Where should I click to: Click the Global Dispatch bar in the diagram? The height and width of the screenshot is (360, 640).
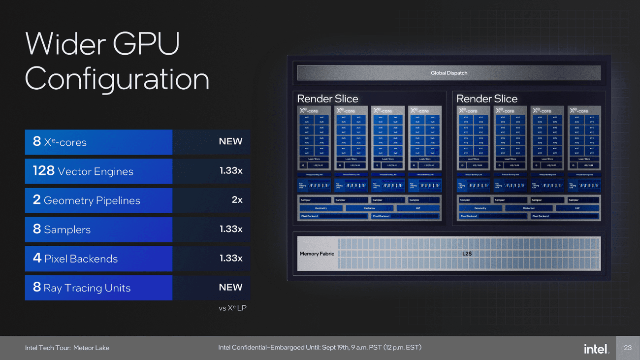448,73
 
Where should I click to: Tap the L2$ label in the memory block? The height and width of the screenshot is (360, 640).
467,254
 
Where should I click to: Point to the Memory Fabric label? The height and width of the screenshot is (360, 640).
317,254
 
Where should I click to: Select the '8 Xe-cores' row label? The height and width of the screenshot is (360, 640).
60,142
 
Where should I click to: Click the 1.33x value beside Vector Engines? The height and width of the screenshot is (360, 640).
231,171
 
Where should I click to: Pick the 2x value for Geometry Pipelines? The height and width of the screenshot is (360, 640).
237,200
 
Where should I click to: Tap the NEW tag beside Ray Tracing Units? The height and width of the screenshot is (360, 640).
230,287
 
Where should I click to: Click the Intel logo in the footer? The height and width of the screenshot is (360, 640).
596,349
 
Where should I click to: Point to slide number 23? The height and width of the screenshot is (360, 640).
628,348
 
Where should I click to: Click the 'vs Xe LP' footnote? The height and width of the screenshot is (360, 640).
232,308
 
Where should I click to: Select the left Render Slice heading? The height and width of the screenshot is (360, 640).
327,98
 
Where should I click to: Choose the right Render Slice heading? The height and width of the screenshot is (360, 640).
487,98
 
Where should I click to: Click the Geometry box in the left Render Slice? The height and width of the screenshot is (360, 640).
320,208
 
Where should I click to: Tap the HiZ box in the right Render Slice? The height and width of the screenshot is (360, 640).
577,208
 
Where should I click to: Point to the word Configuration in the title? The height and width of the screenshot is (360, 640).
117,79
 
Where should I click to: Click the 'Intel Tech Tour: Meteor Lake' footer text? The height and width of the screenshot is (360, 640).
67,348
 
